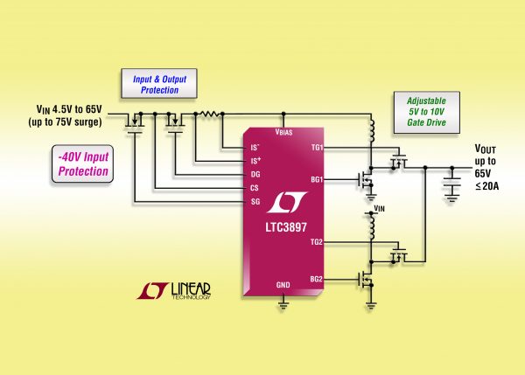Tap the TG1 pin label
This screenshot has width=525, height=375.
(317, 148)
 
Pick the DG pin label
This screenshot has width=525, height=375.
(255, 174)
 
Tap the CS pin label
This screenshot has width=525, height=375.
(255, 187)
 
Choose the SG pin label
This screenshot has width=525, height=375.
(255, 201)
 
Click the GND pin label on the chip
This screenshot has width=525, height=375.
(283, 285)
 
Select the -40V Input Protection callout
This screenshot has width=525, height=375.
(85, 164)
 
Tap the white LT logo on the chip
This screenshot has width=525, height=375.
(282, 200)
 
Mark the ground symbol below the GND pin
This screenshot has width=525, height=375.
(283, 303)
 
